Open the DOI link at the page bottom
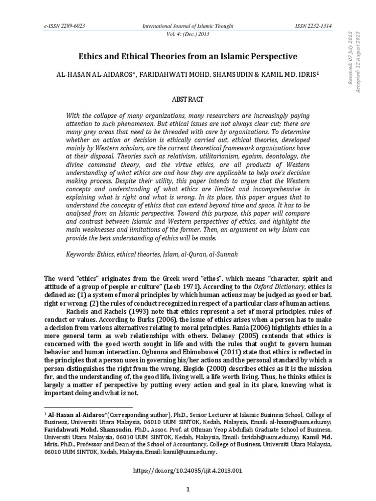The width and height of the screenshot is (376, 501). click(x=188, y=471)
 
